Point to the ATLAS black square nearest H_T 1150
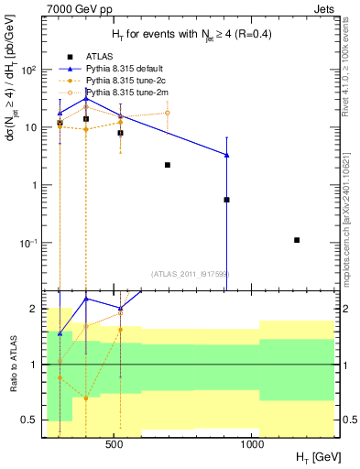(297, 240)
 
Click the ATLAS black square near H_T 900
(226, 199)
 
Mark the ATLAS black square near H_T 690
(168, 165)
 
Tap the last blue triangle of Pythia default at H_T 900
(226, 155)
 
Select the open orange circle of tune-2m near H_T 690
(167, 113)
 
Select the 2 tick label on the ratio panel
(37, 309)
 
